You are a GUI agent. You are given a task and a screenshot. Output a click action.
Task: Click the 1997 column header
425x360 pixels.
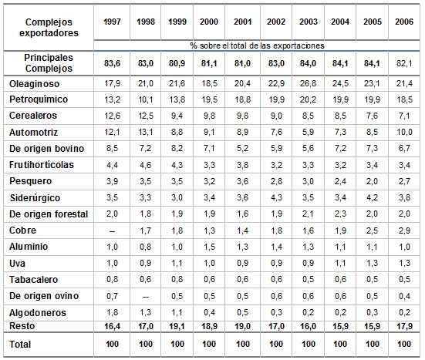(x=112, y=22)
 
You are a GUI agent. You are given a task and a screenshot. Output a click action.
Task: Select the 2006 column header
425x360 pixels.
(x=404, y=22)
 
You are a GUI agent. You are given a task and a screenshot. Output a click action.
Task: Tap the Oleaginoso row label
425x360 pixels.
(x=34, y=84)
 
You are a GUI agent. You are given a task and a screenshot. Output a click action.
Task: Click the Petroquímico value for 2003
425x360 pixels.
(x=309, y=99)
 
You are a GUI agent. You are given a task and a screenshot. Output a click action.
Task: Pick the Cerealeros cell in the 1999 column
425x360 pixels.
(x=177, y=116)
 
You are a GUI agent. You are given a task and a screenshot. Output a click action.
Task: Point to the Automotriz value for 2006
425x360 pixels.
(x=404, y=132)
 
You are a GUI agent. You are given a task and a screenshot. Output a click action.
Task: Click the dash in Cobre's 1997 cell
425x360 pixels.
(x=112, y=231)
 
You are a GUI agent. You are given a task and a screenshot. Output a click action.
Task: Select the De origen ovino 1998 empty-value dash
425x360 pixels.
(x=146, y=297)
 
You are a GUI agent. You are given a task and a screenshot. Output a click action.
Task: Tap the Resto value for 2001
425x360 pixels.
(x=243, y=326)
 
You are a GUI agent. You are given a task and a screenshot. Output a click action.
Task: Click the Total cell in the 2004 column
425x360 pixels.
(x=340, y=344)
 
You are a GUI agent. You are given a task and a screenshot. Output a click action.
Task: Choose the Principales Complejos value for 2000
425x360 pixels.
(x=209, y=63)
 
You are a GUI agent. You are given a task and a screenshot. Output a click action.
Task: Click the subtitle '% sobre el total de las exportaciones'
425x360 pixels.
(x=257, y=45)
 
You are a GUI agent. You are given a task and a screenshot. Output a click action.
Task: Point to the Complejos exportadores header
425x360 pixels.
(x=49, y=27)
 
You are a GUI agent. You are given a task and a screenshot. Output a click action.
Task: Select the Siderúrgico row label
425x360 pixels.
(x=35, y=198)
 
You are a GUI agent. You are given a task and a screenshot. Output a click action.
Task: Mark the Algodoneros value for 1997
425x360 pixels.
(x=112, y=312)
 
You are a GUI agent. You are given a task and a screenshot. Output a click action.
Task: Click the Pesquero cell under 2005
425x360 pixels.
(x=372, y=181)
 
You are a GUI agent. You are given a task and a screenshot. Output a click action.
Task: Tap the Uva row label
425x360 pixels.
(x=17, y=264)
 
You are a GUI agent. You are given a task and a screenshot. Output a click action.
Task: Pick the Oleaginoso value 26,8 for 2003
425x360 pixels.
(x=309, y=83)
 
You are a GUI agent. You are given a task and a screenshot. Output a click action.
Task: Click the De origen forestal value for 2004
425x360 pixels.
(x=340, y=214)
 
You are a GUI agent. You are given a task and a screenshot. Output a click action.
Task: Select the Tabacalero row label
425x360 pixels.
(x=34, y=280)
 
